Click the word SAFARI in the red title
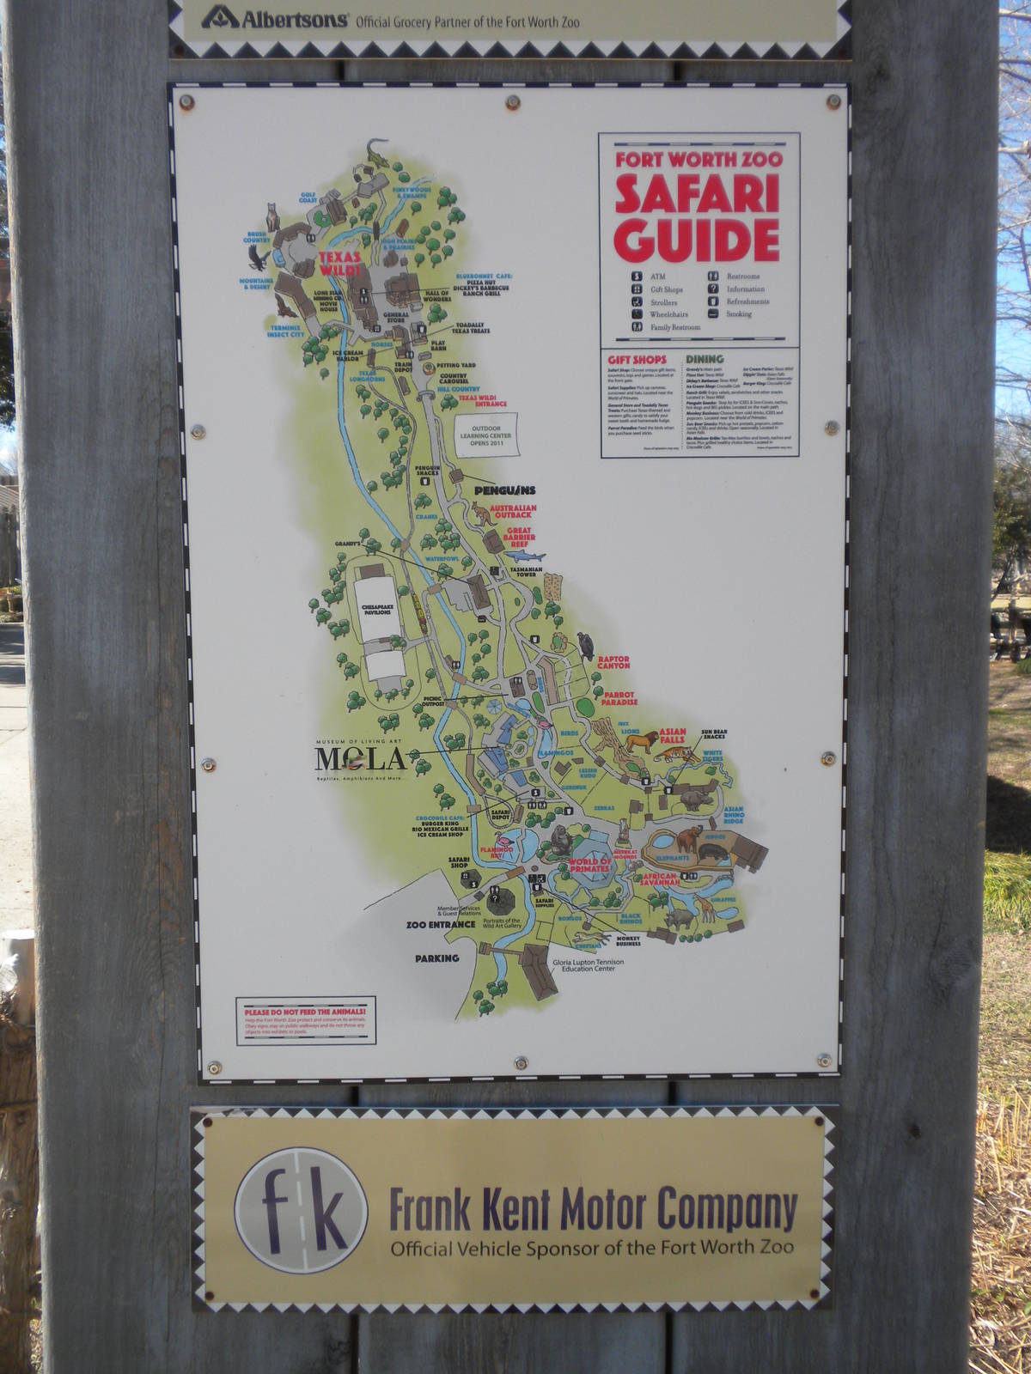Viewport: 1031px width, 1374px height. tap(697, 193)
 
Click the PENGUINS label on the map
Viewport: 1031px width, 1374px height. tap(505, 490)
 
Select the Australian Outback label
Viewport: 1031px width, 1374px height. tap(513, 511)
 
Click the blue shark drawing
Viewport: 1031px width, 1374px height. tap(526, 556)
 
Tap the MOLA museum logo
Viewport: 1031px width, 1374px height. tap(360, 758)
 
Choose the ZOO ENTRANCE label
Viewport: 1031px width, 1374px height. tap(440, 925)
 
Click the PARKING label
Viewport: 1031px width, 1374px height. tap(436, 958)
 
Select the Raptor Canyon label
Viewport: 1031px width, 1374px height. tap(613, 663)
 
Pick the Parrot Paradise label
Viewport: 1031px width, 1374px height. tap(619, 698)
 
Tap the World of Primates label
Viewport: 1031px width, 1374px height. tap(589, 865)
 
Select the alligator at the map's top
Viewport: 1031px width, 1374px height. tap(376, 153)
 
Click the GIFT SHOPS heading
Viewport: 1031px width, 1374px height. tap(637, 360)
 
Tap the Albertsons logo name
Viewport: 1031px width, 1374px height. tap(294, 19)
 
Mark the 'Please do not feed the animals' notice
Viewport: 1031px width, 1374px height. tap(306, 1020)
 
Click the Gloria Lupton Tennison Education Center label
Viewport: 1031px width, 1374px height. tap(589, 965)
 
